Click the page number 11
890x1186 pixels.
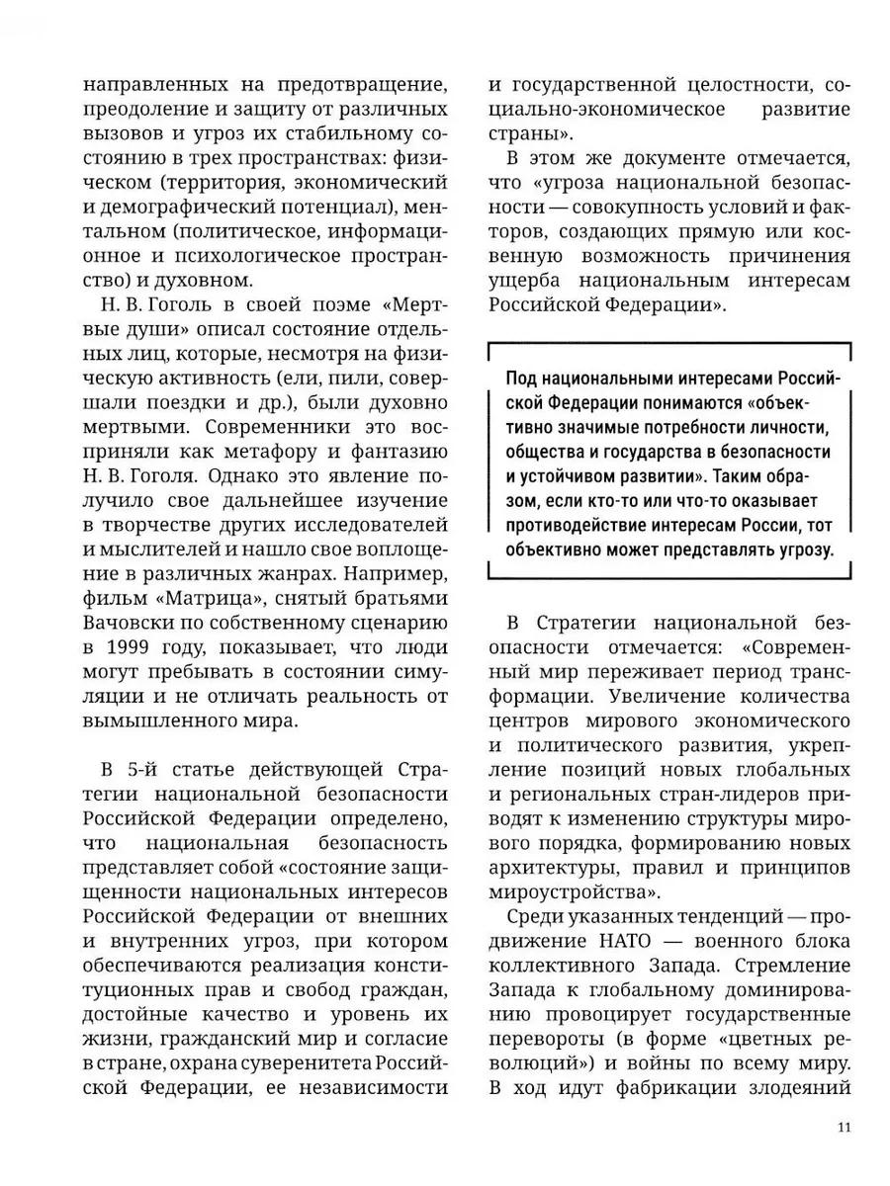point(844,1128)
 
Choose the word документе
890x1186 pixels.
point(672,158)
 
